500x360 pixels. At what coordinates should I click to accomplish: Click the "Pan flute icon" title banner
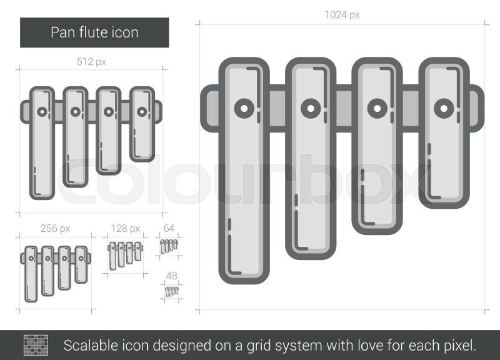pos(94,32)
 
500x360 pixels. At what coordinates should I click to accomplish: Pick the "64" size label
pos(169,228)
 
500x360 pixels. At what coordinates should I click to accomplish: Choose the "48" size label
pos(171,276)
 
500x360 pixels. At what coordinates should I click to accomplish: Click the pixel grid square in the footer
pos(36,345)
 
